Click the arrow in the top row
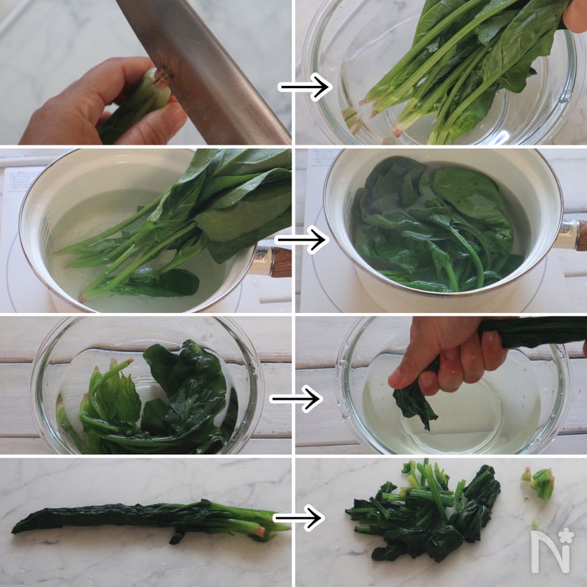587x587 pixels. [305, 87]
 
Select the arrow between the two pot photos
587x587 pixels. [302, 239]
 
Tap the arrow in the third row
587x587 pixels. [296, 399]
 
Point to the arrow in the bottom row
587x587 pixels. [298, 518]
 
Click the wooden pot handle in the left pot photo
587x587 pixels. [282, 262]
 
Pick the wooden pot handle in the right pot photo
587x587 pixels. [581, 235]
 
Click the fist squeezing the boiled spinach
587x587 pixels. [449, 356]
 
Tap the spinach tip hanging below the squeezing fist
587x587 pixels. [414, 405]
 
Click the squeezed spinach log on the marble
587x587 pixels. [150, 519]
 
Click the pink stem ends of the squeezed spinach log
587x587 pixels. [259, 531]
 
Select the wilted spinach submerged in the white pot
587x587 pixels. [436, 224]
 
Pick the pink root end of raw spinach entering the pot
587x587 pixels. [81, 298]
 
